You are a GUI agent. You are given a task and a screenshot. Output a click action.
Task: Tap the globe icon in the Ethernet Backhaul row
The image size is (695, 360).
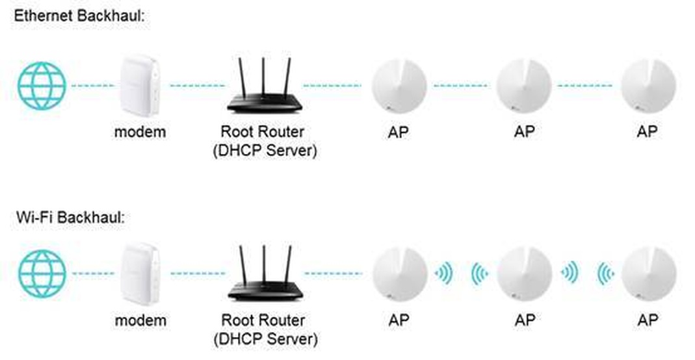(x=42, y=85)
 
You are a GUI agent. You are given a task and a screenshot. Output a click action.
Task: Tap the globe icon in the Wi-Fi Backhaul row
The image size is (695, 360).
(x=42, y=274)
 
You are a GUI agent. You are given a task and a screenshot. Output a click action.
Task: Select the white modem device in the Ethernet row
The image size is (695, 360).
(x=140, y=85)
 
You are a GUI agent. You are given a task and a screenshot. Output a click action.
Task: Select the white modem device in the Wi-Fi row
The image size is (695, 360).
(x=140, y=274)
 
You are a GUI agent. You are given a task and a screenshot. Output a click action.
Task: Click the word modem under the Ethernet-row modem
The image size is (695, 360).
(x=140, y=132)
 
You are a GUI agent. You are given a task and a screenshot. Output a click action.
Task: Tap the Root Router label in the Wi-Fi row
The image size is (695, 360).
(x=263, y=320)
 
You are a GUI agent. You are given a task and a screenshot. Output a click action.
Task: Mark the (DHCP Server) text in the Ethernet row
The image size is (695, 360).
(x=263, y=151)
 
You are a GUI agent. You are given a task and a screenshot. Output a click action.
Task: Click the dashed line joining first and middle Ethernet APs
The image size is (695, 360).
(x=461, y=85)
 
